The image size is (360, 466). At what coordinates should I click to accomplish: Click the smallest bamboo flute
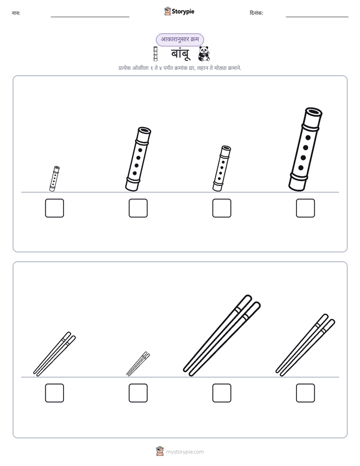point(54,179)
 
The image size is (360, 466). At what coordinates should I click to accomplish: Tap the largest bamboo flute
point(306,149)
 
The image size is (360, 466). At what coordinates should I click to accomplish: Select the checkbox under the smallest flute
point(54,208)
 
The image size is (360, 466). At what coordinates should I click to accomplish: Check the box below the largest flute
point(306,208)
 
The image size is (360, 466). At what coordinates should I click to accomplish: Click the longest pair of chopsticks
point(221,335)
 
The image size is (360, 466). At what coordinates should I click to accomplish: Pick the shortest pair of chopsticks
point(138,364)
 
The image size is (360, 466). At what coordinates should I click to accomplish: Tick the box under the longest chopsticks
point(221,393)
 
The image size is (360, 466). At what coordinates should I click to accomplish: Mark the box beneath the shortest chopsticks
point(138,393)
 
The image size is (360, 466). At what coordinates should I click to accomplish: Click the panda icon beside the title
point(204,53)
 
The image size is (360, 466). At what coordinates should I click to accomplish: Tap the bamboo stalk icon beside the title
point(155,54)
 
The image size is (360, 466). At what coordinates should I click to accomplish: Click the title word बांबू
point(180,54)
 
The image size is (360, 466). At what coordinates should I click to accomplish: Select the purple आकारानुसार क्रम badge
point(180,39)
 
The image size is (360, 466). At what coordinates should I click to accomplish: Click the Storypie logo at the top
point(179,11)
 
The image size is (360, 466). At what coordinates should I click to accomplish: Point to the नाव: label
point(16,13)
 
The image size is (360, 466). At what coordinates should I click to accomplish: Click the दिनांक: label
point(257,13)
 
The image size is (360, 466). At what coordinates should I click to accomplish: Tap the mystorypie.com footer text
point(185,452)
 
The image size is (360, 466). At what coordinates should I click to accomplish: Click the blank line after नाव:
point(90,17)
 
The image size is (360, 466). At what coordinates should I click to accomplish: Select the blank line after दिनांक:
point(317,17)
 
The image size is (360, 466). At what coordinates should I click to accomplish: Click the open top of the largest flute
point(314,112)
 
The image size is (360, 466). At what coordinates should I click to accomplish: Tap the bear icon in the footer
point(160,451)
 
